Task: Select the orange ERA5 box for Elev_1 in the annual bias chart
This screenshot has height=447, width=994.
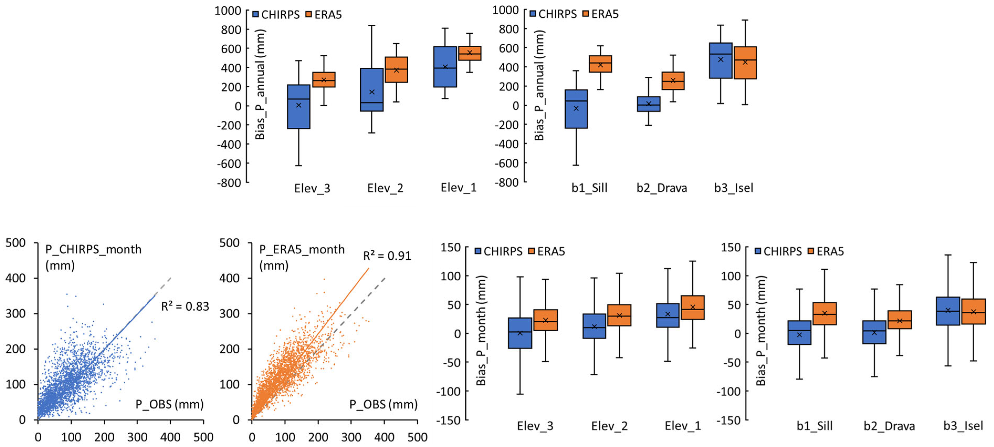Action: [469, 53]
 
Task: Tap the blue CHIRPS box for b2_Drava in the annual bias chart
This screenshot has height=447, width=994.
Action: [648, 104]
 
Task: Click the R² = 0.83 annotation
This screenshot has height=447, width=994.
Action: [185, 306]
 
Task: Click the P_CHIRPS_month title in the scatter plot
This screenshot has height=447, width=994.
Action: [93, 250]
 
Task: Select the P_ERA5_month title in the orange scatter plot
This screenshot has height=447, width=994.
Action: [302, 250]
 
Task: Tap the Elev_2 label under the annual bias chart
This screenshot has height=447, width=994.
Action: [385, 188]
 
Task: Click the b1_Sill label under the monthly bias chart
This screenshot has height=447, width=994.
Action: [814, 426]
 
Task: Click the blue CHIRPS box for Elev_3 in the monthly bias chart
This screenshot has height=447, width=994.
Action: [520, 333]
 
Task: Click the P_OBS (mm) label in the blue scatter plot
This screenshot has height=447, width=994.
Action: [169, 404]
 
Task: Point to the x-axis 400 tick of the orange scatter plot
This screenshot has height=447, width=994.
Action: [384, 437]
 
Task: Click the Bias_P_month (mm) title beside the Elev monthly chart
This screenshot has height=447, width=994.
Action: [481, 331]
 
